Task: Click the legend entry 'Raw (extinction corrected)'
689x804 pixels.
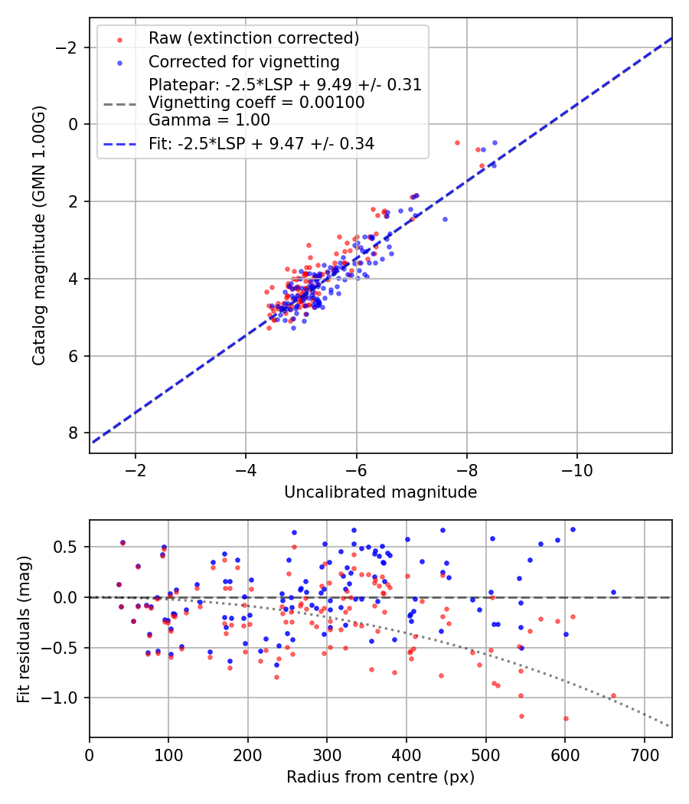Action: point(253,38)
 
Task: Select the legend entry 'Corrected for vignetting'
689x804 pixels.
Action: point(243,61)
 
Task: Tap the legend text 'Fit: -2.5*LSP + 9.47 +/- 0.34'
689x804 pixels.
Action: point(261,143)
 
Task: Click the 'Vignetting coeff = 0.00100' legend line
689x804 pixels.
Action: point(256,102)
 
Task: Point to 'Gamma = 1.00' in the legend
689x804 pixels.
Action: point(209,119)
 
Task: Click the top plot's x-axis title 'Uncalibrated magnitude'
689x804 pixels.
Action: point(380,492)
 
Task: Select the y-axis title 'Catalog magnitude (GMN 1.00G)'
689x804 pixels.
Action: point(39,236)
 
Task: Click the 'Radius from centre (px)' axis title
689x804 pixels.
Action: point(380,777)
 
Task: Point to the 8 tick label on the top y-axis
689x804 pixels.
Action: point(74,433)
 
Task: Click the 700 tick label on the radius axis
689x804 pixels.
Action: point(644,755)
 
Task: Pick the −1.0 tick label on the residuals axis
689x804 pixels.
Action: point(64,698)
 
